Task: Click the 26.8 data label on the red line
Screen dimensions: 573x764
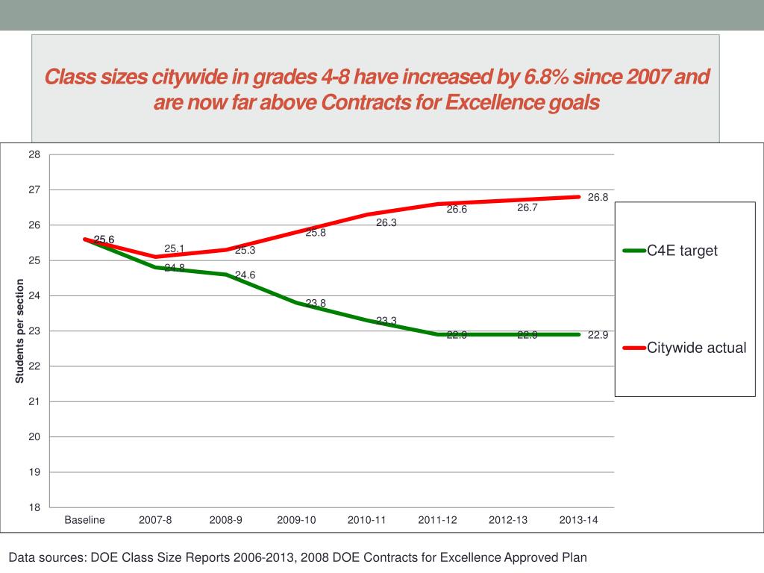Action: tap(598, 198)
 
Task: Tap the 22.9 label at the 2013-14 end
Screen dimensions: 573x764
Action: tap(598, 335)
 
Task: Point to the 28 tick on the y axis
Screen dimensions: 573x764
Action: tap(34, 154)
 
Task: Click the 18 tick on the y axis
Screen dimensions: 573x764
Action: tap(34, 508)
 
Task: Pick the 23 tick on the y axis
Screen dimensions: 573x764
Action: tap(34, 331)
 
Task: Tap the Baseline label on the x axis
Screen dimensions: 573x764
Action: tap(85, 520)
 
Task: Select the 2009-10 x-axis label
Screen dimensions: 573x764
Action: tap(296, 520)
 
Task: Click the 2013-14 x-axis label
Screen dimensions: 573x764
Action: tap(578, 520)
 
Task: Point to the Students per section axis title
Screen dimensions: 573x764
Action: tap(20, 331)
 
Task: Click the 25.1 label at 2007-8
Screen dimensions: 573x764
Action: tap(175, 248)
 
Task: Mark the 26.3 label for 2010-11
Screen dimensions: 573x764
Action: tap(386, 222)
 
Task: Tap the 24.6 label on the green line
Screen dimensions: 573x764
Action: tap(245, 275)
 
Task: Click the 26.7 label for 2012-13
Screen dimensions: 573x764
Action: tap(527, 208)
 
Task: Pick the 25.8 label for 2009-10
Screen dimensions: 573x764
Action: tap(316, 233)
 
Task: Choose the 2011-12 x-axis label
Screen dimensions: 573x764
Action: tap(437, 520)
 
